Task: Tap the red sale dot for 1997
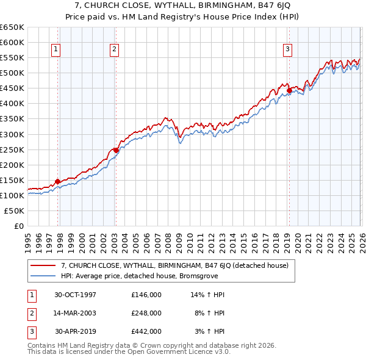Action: coord(58,181)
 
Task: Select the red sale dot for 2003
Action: coord(115,150)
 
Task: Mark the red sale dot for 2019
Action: coord(289,91)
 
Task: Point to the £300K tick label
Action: coord(12,134)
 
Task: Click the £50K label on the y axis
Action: coord(15,211)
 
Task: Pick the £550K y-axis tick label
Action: coord(12,58)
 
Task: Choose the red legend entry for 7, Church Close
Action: coord(178,265)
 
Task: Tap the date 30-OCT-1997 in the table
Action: coord(76,295)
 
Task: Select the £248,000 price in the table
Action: coord(146,313)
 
